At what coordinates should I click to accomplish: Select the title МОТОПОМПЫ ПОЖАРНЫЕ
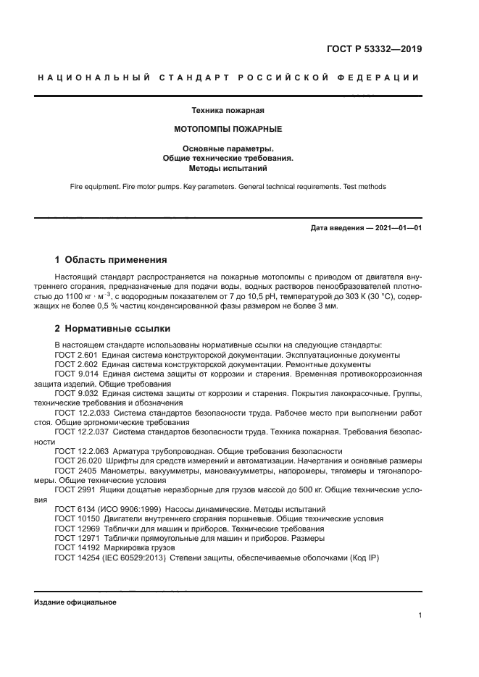click(x=228, y=129)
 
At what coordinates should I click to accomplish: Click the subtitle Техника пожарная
click(x=228, y=111)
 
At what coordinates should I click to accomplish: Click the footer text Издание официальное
click(x=75, y=602)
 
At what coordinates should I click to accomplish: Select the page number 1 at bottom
click(x=420, y=615)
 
